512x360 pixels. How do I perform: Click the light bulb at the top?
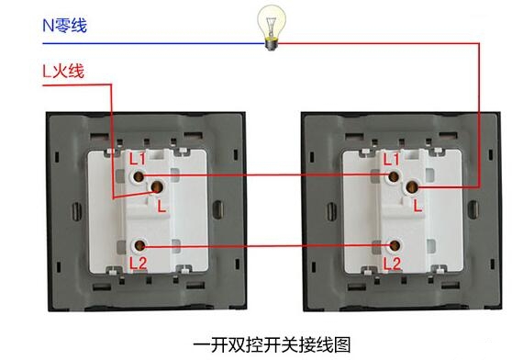coord(271,26)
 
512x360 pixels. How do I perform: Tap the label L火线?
coord(63,69)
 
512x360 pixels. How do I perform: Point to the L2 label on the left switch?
coord(138,263)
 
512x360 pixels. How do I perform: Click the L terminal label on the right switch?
coord(418,206)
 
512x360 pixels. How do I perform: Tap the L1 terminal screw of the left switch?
coord(139,174)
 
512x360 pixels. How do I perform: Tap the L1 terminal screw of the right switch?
coord(395,174)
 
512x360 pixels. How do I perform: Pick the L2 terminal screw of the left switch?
coord(139,246)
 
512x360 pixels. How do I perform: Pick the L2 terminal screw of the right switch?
coord(395,246)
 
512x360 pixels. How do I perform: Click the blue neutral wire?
coord(165,42)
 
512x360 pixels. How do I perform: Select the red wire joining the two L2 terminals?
coord(266,246)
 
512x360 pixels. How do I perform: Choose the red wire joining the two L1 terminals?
coord(266,174)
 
